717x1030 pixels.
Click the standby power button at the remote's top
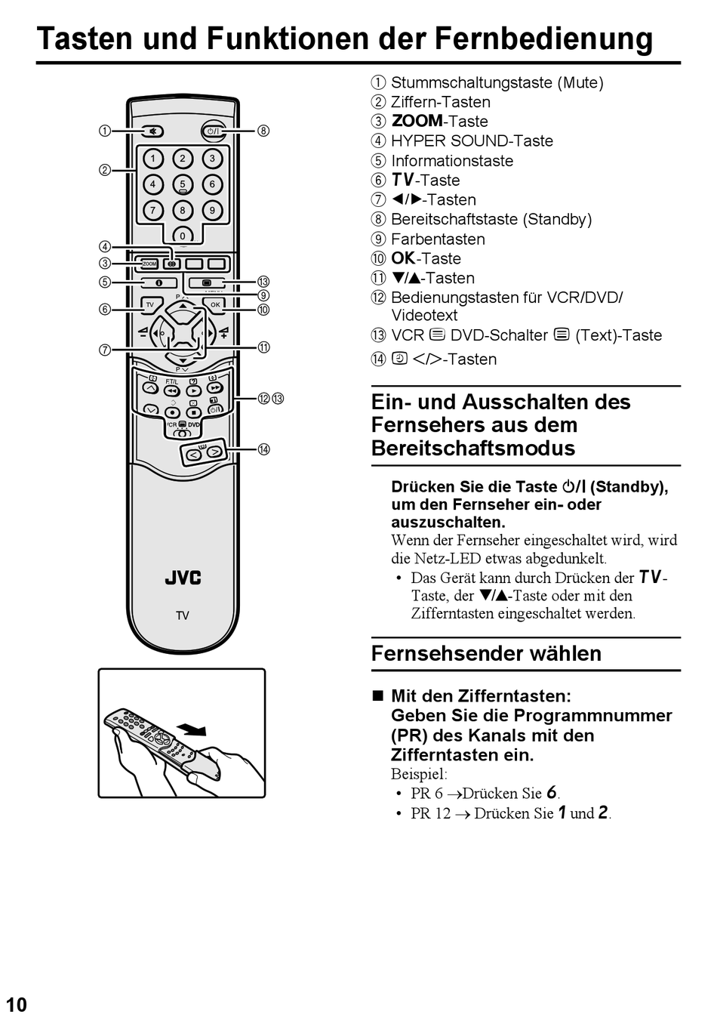coord(213,131)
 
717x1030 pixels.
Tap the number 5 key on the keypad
coord(183,184)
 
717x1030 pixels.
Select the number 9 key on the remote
coord(212,210)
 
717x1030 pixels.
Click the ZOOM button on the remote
coord(149,264)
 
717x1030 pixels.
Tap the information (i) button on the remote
coord(159,282)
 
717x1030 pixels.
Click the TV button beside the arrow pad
coord(150,305)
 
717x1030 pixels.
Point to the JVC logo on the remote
coord(183,578)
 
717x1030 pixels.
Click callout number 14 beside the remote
coord(263,449)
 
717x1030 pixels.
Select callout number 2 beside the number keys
coord(105,170)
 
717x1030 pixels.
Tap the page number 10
coord(17,1004)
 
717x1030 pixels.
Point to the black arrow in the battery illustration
coord(192,729)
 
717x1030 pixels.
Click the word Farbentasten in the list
coord(438,239)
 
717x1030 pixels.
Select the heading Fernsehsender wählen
coord(486,653)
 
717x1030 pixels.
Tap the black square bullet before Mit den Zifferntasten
coord(378,695)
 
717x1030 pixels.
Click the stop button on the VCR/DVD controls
coord(193,412)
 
